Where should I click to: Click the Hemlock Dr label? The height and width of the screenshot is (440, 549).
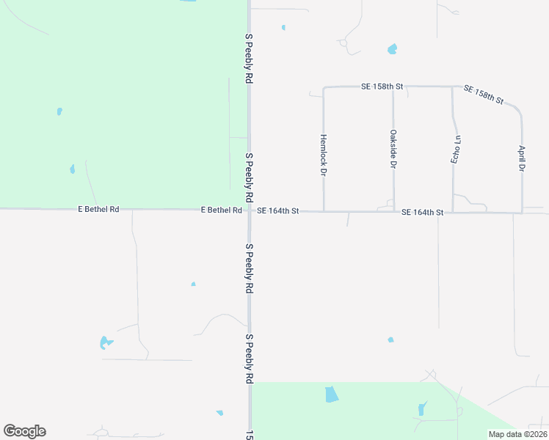[323, 155]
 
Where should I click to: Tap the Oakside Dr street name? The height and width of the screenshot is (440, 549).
[393, 150]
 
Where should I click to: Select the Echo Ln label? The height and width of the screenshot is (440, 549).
[456, 149]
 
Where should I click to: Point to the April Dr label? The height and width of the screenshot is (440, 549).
[522, 158]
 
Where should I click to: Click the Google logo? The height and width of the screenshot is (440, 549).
[24, 431]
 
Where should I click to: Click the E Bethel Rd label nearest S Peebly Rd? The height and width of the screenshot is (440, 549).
[222, 210]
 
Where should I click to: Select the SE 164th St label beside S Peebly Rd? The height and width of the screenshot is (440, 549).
[278, 211]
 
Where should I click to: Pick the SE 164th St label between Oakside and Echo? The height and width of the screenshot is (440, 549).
[423, 213]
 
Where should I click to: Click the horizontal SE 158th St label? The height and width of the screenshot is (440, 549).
[382, 87]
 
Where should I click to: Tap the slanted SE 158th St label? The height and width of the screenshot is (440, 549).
[484, 95]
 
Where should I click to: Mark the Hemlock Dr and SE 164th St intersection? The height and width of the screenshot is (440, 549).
[324, 212]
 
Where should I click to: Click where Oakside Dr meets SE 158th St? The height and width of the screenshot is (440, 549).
[393, 87]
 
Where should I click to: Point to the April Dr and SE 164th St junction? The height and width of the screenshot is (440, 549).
[522, 213]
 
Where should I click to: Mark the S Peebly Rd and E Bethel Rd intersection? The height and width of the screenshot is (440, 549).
[250, 210]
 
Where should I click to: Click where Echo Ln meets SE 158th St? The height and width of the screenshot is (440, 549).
[451, 87]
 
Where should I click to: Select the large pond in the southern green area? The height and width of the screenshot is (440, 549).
[332, 394]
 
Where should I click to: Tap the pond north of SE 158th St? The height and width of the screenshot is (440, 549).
[392, 49]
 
